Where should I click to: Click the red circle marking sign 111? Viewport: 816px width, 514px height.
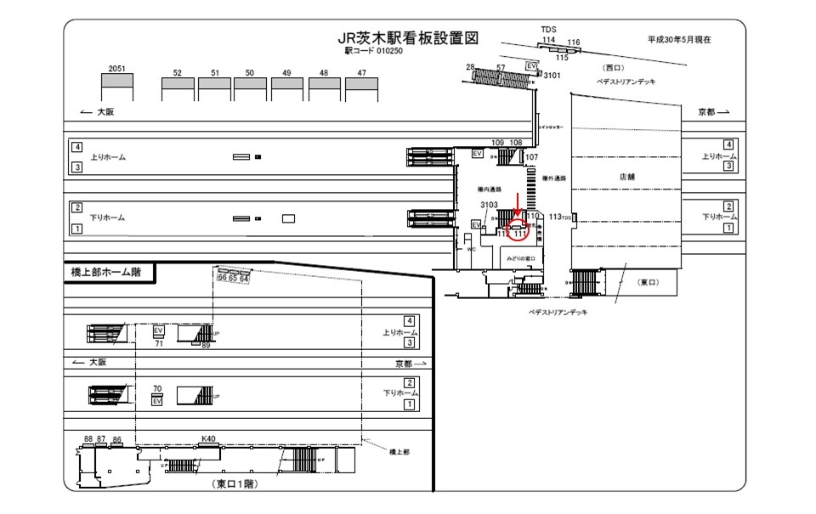point(518,229)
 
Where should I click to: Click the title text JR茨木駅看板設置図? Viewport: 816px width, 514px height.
point(409,38)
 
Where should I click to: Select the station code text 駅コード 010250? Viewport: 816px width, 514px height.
point(373,51)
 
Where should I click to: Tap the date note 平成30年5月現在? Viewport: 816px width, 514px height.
point(678,39)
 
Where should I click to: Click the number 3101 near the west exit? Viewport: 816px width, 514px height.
point(552,76)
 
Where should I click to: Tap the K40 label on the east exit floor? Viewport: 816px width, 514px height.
point(207,438)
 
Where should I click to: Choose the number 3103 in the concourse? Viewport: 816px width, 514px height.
point(489,205)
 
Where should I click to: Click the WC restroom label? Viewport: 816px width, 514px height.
point(470,250)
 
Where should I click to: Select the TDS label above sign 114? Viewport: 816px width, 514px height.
point(549,30)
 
